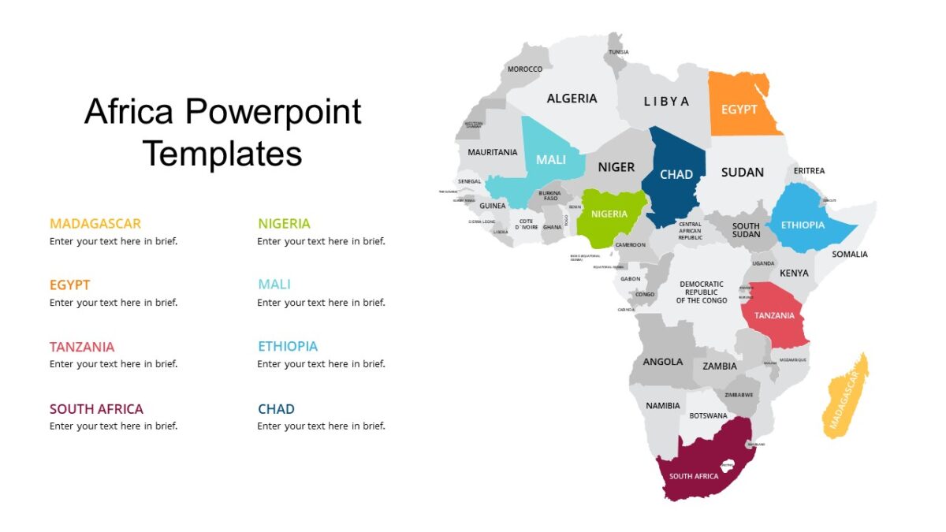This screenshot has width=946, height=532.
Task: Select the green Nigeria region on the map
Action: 609,214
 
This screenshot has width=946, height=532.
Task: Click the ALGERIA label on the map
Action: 572,99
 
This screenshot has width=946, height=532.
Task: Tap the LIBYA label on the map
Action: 666,101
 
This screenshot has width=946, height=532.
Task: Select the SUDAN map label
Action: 742,172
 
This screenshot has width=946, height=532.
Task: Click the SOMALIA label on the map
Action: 850,254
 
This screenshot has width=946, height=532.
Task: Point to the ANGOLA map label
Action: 663,362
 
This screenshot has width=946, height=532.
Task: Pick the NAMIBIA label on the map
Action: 662,406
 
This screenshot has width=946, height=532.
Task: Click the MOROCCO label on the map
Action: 525,69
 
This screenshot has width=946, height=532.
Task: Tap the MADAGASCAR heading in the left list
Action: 95,223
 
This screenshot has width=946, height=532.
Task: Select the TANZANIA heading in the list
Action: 82,347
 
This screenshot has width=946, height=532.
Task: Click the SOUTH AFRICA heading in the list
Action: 96,409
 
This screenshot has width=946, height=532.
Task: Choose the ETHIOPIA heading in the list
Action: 288,346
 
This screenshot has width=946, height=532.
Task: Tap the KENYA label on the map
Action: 794,273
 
